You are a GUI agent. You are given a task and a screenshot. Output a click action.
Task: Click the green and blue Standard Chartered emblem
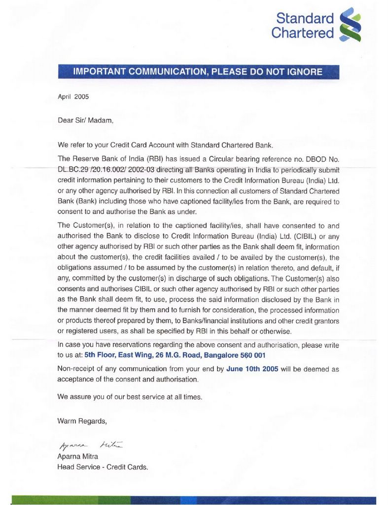point(351,25)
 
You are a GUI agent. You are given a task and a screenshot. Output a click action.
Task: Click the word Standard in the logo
point(305,19)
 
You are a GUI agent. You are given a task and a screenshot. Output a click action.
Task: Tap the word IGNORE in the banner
point(303,72)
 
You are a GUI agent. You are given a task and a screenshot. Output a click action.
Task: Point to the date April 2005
point(73,97)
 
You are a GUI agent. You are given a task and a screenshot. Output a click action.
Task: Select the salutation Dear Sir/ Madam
point(85,120)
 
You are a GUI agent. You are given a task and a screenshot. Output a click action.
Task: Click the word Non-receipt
point(77,369)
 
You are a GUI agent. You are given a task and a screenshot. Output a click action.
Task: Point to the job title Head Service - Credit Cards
point(103,467)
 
